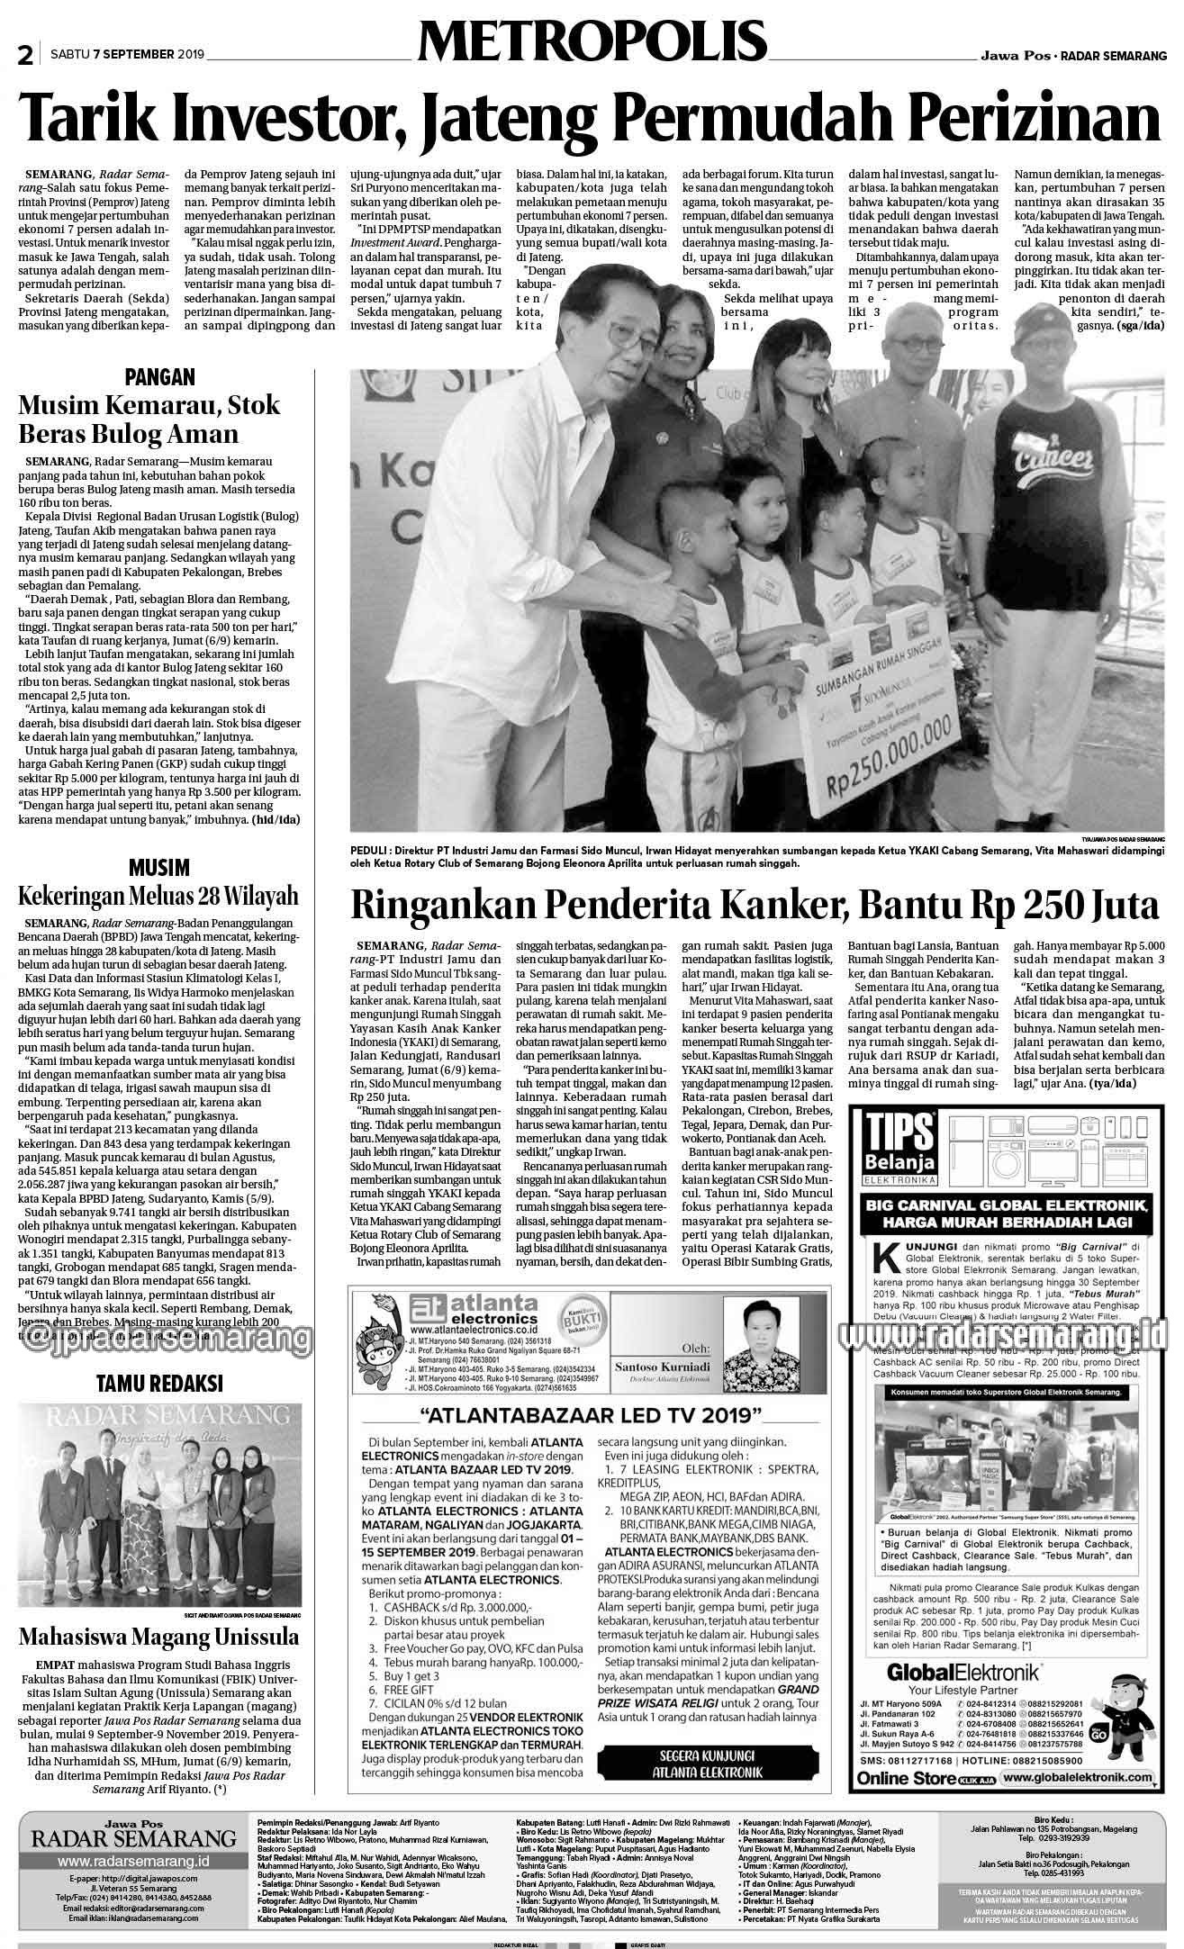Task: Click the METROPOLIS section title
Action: [592, 43]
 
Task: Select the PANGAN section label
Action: [160, 376]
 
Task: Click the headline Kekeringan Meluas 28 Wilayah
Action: [158, 897]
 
